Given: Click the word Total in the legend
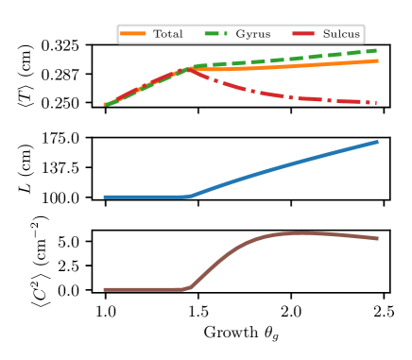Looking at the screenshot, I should [x=168, y=34].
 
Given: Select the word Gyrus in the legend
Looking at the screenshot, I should [x=252, y=34].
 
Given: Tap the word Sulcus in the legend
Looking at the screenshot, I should [x=340, y=34].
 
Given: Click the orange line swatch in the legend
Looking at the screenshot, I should [x=133, y=34].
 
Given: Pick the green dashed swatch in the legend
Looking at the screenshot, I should [x=217, y=34].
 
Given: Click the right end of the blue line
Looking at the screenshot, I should [x=378, y=142].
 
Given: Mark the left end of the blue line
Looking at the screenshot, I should [x=104, y=197].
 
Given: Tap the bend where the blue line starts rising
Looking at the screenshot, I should [x=188, y=197].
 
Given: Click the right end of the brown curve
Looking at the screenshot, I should [x=378, y=239].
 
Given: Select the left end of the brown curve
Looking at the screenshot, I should [x=104, y=289].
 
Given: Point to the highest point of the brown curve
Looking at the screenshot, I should [x=300, y=232].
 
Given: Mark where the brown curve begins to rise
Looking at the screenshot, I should [x=187, y=288].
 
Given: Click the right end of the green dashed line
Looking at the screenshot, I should [x=378, y=50].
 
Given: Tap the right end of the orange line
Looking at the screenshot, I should [x=378, y=60].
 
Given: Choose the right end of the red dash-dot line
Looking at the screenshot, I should [x=377, y=102].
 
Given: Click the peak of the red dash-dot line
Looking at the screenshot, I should [x=187, y=69].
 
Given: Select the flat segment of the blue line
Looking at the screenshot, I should [x=146, y=197].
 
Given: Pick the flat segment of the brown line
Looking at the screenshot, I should [x=146, y=289].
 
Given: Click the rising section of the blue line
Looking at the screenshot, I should [x=283, y=166].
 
